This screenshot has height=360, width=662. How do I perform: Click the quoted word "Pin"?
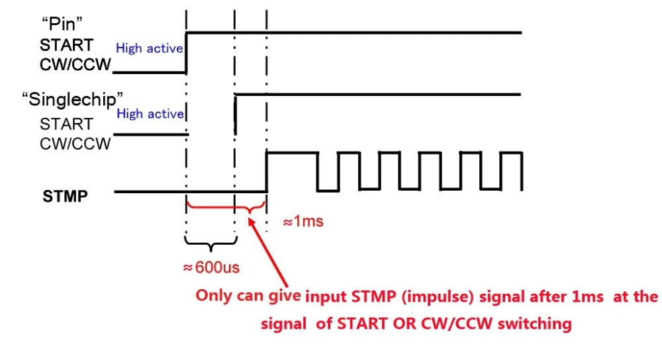click(62, 24)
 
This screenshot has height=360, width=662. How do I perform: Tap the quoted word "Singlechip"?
click(72, 100)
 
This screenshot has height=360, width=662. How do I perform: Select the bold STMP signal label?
click(65, 197)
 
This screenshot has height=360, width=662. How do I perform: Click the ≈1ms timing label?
click(303, 221)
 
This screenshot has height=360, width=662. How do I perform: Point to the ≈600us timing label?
click(211, 267)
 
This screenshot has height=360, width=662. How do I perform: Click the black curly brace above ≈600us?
click(211, 243)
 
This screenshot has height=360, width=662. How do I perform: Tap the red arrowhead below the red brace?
click(251, 222)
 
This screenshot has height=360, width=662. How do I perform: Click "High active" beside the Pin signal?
click(149, 48)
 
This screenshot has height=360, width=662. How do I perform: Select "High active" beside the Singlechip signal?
click(150, 114)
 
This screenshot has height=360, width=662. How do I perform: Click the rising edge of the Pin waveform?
click(186, 52)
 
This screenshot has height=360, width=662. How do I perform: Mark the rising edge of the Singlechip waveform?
click(235, 114)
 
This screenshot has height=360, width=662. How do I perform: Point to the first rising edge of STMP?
click(266, 172)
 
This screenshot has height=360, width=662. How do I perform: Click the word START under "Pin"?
click(66, 45)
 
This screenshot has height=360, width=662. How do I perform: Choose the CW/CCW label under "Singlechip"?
click(75, 144)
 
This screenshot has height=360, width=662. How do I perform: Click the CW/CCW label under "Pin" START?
click(75, 65)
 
